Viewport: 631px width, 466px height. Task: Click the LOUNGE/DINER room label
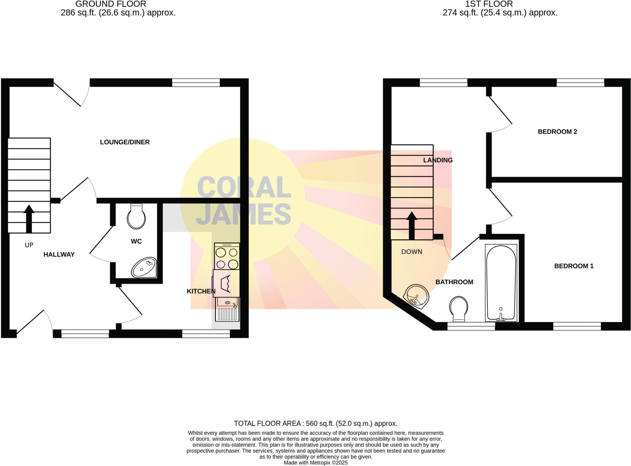[x=125, y=142]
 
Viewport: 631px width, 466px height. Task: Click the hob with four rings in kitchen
[x=227, y=256]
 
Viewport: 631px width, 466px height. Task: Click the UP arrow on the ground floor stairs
[x=29, y=218]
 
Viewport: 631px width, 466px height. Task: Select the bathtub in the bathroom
[x=501, y=283]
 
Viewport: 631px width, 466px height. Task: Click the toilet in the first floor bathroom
[x=458, y=309]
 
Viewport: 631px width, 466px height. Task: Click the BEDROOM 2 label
[x=557, y=132]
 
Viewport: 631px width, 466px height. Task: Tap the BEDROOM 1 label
[x=574, y=266]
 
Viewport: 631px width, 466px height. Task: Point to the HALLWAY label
[x=59, y=254]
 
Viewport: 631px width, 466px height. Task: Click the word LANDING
[x=438, y=160]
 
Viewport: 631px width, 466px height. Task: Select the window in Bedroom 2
[x=580, y=82]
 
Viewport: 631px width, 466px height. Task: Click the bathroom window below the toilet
[x=471, y=326]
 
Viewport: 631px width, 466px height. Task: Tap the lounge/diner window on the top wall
[x=196, y=82]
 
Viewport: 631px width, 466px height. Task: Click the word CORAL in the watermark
[x=244, y=187]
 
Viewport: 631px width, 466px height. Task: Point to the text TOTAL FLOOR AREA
[x=267, y=424]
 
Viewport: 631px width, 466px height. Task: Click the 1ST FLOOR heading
[x=489, y=4]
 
